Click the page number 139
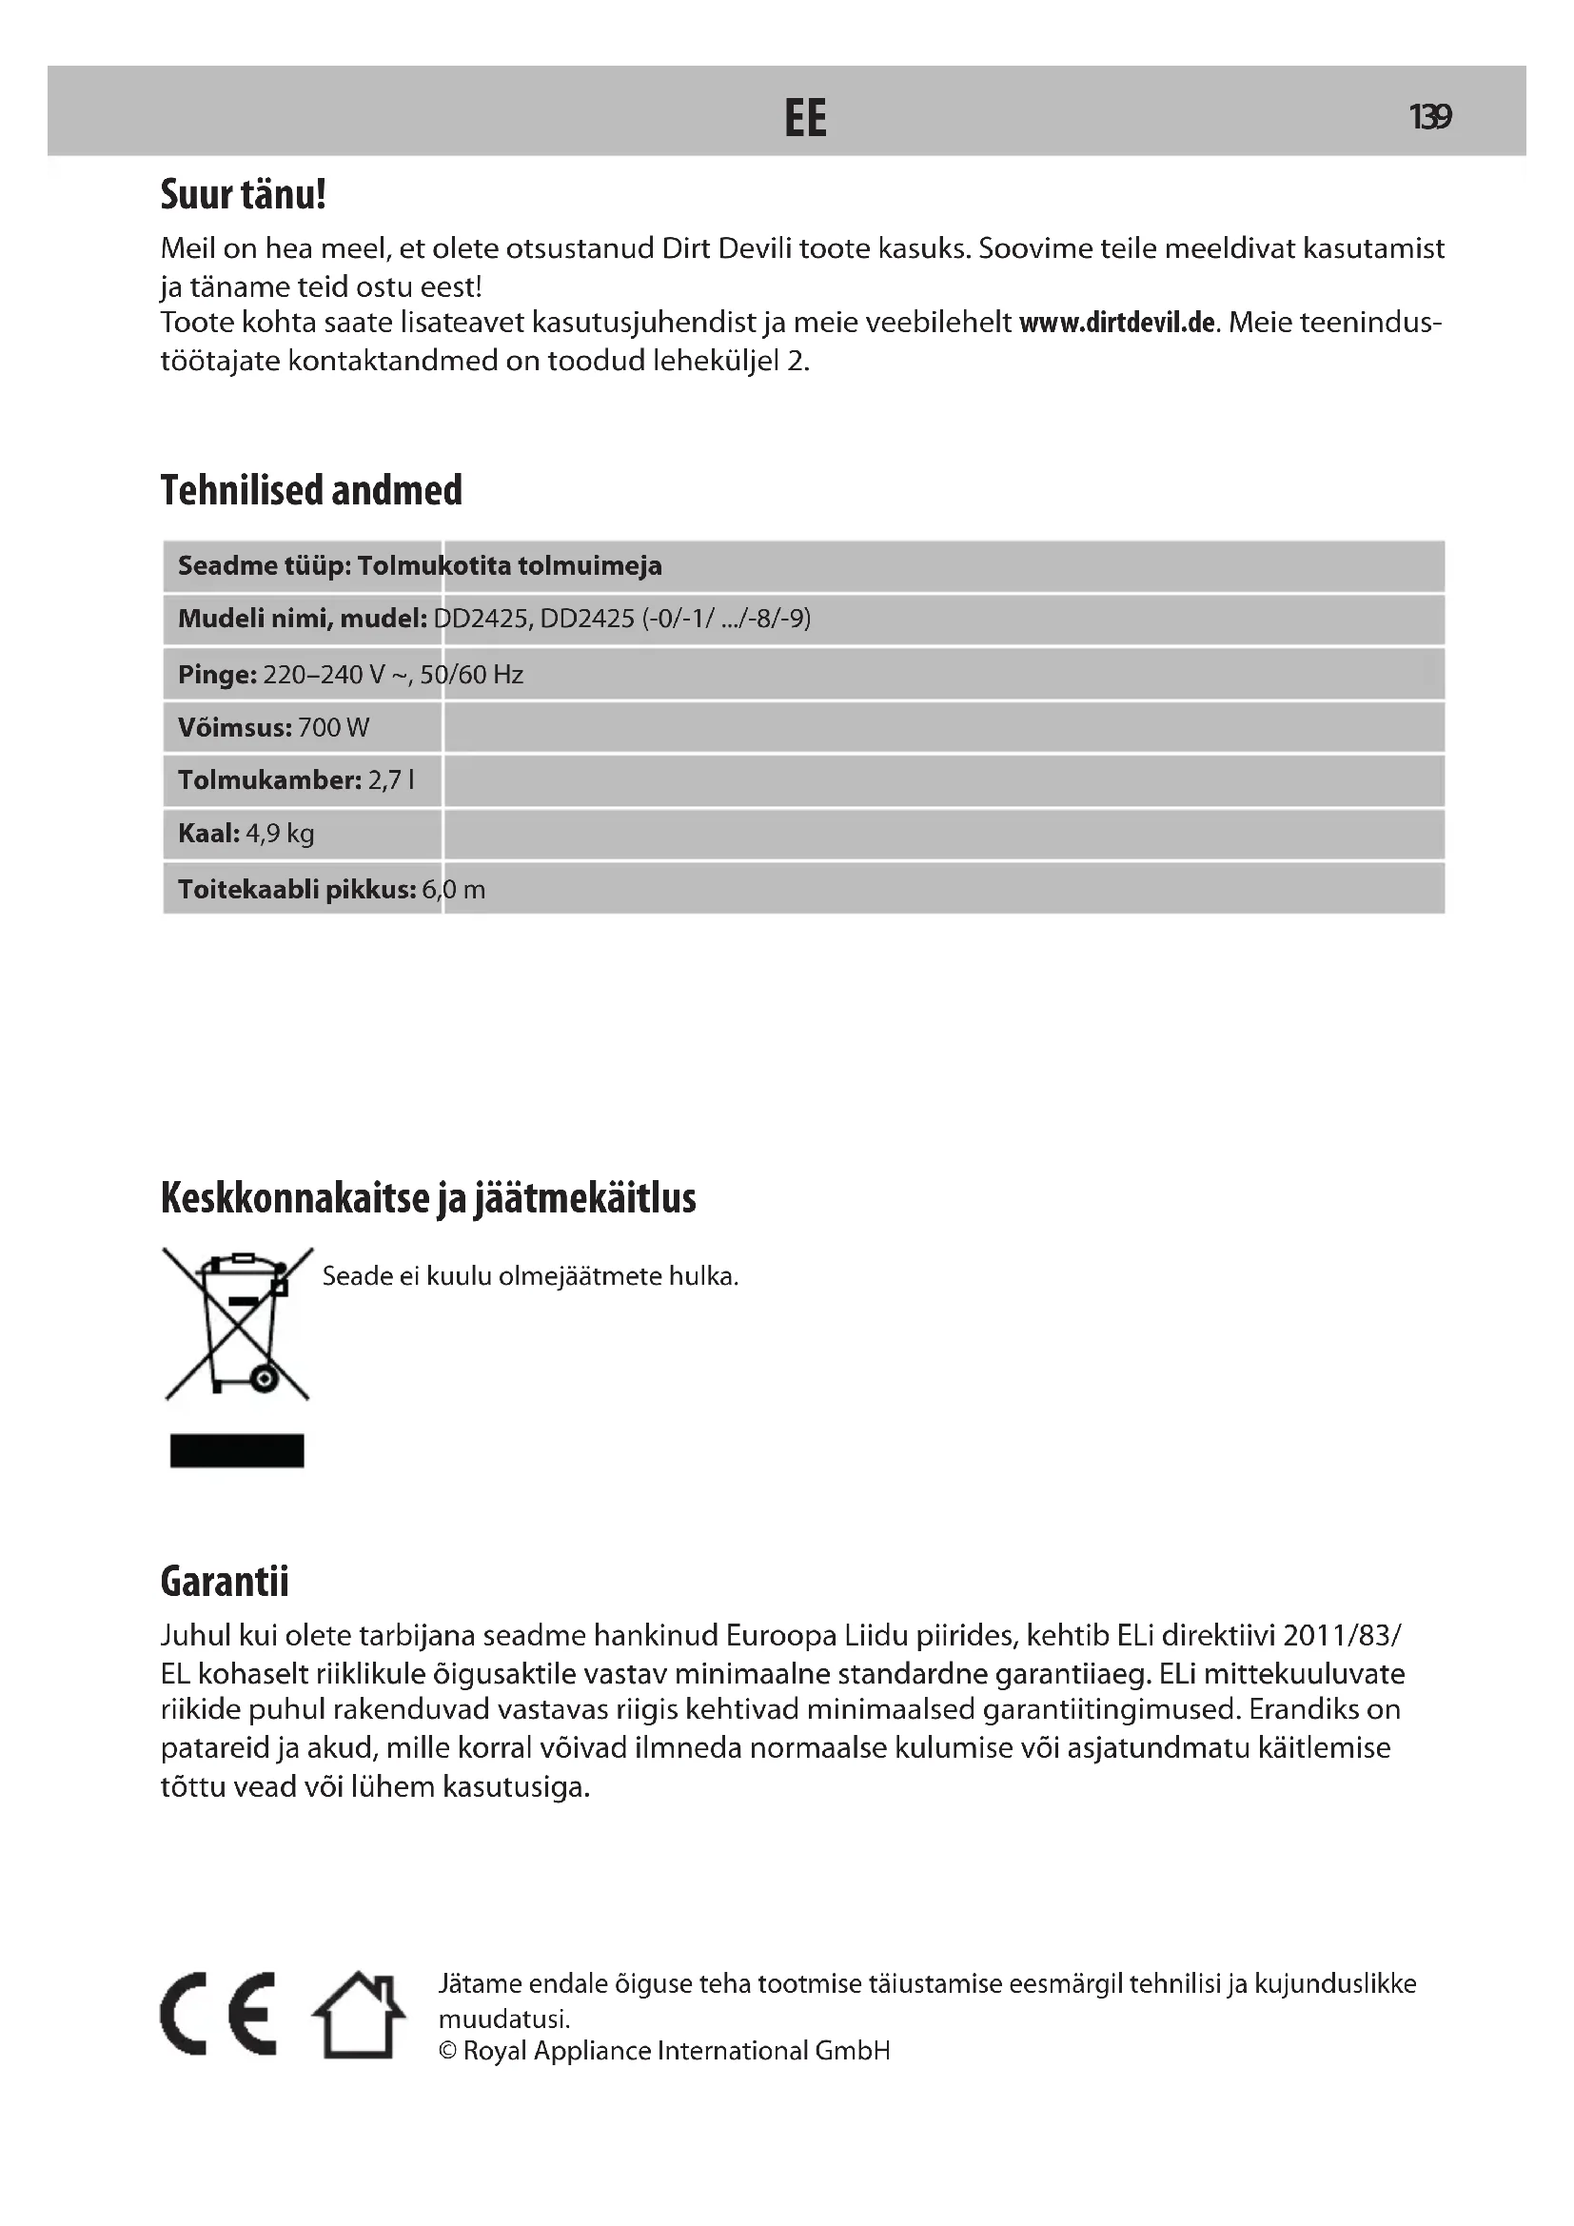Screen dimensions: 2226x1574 pyautogui.click(x=1429, y=117)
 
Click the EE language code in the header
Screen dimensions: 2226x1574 pyautogui.click(x=804, y=118)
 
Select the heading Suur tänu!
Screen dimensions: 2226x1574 pyautogui.click(x=244, y=195)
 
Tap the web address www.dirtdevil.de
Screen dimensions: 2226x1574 pyautogui.click(x=1116, y=323)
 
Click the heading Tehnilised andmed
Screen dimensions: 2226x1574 pyautogui.click(x=311, y=490)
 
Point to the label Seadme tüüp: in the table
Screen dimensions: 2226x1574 pyautogui.click(x=264, y=566)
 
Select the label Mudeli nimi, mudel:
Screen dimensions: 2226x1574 pyautogui.click(x=303, y=619)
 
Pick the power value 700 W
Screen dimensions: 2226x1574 pyautogui.click(x=333, y=728)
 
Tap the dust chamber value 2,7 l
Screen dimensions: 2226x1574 pyautogui.click(x=390, y=780)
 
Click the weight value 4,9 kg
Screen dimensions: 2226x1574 pyautogui.click(x=280, y=834)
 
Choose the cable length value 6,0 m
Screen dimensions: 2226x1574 pyautogui.click(x=454, y=890)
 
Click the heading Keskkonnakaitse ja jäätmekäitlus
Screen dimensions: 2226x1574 pyautogui.click(x=428, y=1199)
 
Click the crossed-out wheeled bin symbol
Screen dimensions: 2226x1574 pyautogui.click(x=238, y=1324)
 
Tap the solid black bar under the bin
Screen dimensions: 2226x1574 pyautogui.click(x=238, y=1451)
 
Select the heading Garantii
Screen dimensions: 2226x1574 pyautogui.click(x=225, y=1582)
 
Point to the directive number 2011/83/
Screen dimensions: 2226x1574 pyautogui.click(x=1342, y=1637)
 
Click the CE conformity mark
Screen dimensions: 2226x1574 pyautogui.click(x=218, y=2014)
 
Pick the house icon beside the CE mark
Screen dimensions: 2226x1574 pyautogui.click(x=358, y=2015)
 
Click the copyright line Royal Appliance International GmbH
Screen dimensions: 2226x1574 pyautogui.click(x=665, y=2051)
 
